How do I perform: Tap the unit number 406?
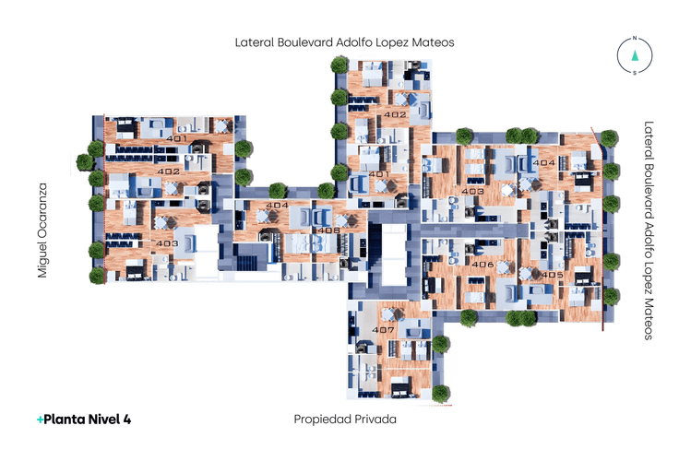click(483, 266)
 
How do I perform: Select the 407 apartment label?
click(384, 330)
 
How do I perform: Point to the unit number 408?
click(328, 230)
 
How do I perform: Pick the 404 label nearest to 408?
click(277, 205)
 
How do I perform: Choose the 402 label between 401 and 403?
click(168, 171)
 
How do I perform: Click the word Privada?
click(375, 419)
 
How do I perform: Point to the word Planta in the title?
click(64, 419)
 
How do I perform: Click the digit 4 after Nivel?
click(127, 419)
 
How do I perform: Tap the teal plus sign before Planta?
click(39, 419)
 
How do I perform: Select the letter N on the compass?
click(635, 39)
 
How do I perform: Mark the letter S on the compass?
click(635, 73)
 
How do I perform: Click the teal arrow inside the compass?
click(635, 55)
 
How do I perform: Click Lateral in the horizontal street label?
click(255, 42)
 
